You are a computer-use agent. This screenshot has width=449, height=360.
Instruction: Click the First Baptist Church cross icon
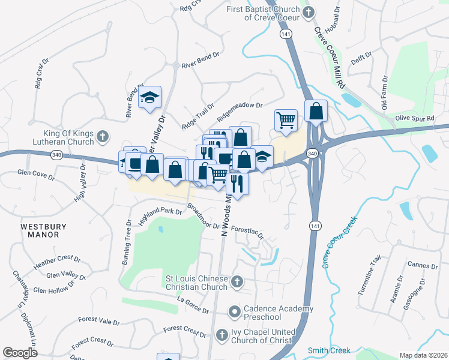point(308,13)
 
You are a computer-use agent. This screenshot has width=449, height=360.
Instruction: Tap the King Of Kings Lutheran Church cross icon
point(102,136)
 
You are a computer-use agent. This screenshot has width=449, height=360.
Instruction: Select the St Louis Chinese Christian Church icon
point(237,281)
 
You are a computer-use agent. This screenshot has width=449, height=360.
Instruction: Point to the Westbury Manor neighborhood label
point(40,230)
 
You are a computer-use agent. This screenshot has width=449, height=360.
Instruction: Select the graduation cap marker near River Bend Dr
point(149,97)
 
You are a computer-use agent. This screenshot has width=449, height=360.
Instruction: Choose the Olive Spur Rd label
point(414,119)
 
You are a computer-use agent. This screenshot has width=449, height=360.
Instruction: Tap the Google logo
point(19,352)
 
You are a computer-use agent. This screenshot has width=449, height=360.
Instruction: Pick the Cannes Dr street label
point(422,265)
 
